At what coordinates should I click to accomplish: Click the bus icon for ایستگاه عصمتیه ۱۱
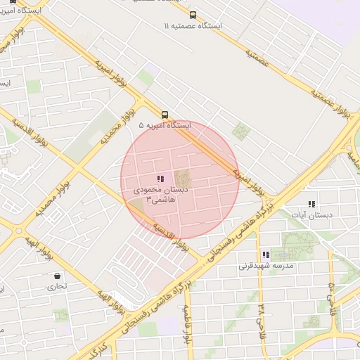tap(193, 15)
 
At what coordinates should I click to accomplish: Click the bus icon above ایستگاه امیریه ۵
tap(165, 115)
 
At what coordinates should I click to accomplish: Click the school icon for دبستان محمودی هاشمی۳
tap(160, 179)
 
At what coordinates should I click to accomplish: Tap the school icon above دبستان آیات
tap(311, 205)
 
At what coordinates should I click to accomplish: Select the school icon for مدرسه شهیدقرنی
tap(266, 255)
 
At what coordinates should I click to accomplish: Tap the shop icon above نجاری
tap(57, 276)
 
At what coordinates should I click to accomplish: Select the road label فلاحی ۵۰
tap(331, 295)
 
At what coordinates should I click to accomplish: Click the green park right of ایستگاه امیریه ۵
tap(241, 131)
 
